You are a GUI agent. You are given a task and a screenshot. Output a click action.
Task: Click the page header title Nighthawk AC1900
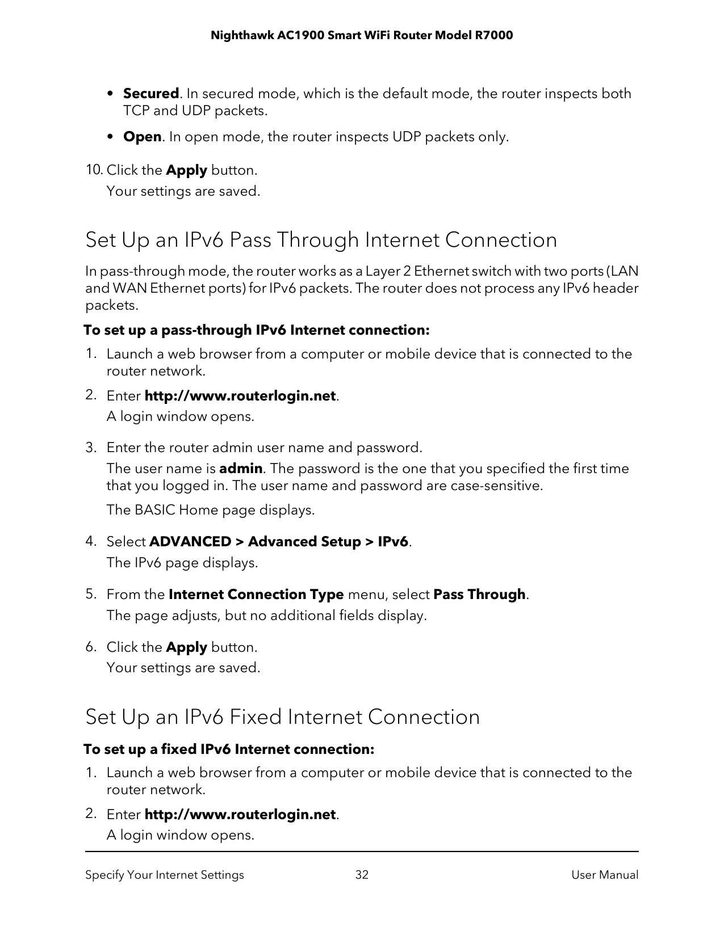[361, 36]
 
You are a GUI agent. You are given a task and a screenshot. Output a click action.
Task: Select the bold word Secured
[151, 94]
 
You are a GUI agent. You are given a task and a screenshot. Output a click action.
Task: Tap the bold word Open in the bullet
[142, 137]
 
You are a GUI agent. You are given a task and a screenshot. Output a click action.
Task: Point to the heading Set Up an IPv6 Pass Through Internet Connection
[321, 240]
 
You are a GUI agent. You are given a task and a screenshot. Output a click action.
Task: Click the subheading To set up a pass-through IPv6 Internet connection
[256, 330]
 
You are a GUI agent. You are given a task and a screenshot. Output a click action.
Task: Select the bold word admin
[241, 469]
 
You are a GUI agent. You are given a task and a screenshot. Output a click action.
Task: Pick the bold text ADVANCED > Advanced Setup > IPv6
[278, 542]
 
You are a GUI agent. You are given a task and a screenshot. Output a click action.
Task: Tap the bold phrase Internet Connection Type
[256, 595]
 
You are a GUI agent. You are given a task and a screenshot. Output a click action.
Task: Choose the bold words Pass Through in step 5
[479, 595]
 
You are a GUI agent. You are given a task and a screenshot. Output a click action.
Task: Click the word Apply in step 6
[186, 647]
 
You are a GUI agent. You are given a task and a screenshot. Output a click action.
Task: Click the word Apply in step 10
[186, 170]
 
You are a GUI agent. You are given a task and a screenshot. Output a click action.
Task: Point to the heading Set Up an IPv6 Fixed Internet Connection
[282, 717]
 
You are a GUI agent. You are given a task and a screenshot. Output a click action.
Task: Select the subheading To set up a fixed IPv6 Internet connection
[229, 749]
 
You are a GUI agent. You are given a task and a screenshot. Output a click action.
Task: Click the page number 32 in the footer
[362, 875]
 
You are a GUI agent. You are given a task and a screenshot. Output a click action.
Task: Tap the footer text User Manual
[605, 875]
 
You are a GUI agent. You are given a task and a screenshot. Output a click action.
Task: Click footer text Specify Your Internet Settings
[165, 875]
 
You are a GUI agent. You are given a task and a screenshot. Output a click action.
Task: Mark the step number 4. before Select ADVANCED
[91, 541]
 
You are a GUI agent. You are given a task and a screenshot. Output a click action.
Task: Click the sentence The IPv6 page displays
[182, 563]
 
